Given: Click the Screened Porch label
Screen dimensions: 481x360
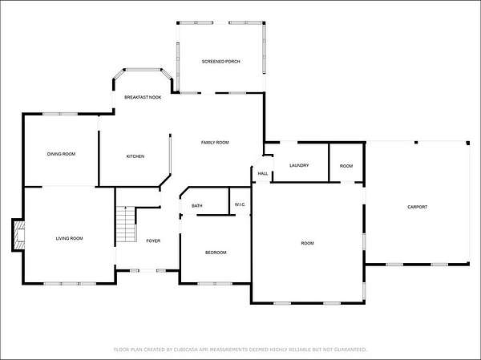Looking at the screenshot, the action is (x=221, y=62).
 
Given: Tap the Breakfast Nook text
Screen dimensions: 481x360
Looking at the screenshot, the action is (x=143, y=97).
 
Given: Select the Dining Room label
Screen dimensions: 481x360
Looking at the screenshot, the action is (x=61, y=154).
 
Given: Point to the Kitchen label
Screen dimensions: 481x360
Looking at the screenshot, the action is (x=135, y=156).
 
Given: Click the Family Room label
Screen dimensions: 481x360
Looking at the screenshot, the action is (x=215, y=143).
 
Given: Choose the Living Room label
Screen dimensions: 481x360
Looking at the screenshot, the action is (x=69, y=238).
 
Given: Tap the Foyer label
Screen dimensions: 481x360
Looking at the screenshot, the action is (x=153, y=241).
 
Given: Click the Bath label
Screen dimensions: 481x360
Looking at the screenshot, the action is (x=197, y=205).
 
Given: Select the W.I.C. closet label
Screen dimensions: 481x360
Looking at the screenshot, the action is (x=240, y=204).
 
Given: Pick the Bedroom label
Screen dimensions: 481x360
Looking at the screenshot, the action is (x=216, y=253).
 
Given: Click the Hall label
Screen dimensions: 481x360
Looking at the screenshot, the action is (x=263, y=174).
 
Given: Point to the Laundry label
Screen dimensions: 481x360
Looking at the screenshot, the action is (x=299, y=165).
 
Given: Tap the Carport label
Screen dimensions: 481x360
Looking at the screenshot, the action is (x=417, y=207).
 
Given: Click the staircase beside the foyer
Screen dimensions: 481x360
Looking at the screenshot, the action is (x=126, y=224).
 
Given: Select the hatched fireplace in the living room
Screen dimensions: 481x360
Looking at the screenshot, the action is (x=20, y=236).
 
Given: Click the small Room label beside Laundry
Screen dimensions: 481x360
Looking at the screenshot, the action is (x=346, y=166).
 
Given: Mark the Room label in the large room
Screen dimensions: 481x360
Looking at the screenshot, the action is (x=307, y=244).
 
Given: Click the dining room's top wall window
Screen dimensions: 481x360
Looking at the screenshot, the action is (x=60, y=114).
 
